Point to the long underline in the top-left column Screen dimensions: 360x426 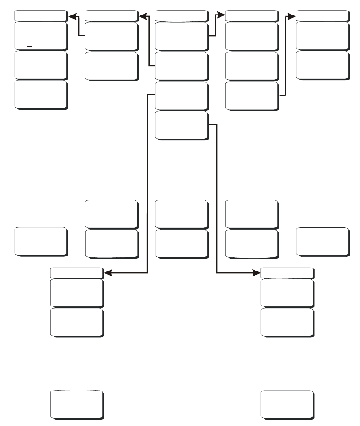click(29, 105)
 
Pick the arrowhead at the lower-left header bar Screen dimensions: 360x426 click(108, 273)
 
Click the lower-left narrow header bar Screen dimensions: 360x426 click(76, 273)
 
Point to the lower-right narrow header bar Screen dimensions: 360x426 click(287, 273)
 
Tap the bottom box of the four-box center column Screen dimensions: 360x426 click(181, 125)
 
